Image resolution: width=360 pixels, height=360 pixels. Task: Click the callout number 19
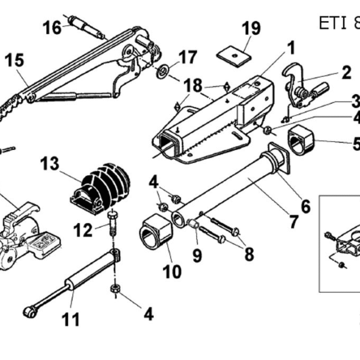click(x=251, y=28)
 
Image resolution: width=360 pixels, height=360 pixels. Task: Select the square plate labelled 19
click(x=233, y=56)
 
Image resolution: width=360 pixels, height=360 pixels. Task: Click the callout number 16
click(x=52, y=28)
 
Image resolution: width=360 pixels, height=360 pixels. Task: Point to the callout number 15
click(x=14, y=60)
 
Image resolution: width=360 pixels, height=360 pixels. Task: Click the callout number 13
click(x=50, y=163)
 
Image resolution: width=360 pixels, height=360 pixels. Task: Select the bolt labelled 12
click(x=113, y=224)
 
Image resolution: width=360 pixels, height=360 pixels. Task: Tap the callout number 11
click(x=71, y=319)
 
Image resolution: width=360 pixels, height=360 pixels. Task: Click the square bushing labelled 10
click(x=156, y=232)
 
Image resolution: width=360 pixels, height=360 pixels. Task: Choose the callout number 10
click(x=172, y=272)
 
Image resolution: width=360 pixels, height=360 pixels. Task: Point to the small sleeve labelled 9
click(x=194, y=223)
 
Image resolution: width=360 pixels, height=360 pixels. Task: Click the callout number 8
click(x=250, y=254)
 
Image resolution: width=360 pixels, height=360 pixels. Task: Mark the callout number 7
click(x=293, y=222)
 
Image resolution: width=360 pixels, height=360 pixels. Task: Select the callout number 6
click(x=305, y=206)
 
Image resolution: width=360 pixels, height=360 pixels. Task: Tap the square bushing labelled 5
click(x=301, y=140)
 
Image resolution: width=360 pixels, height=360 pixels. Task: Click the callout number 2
click(x=346, y=73)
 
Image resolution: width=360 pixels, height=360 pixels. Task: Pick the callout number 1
click(x=291, y=48)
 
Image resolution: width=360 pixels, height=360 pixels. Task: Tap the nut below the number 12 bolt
click(x=115, y=289)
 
